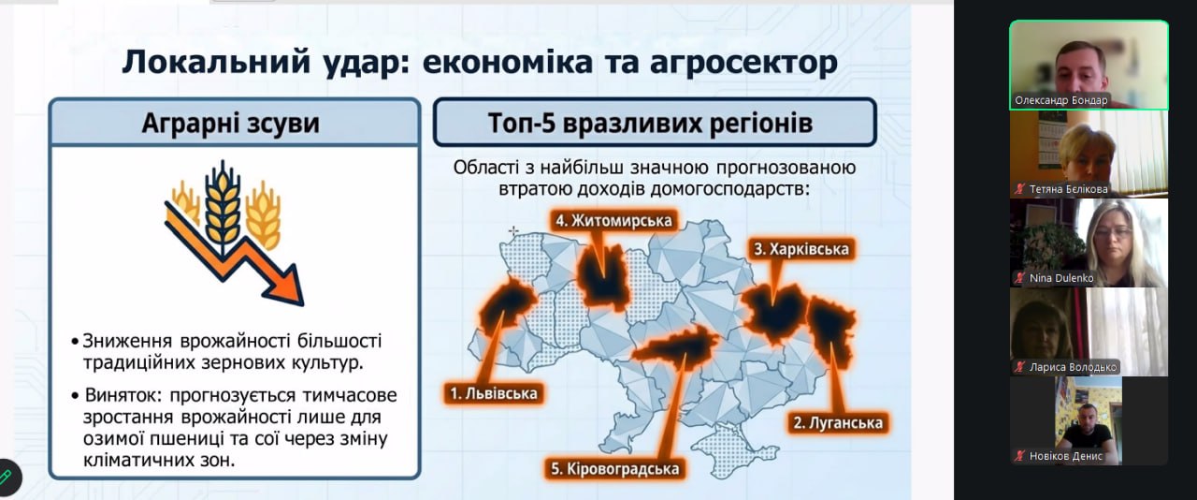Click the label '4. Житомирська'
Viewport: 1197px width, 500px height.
pos(613,221)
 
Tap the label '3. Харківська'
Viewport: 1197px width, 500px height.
pos(801,249)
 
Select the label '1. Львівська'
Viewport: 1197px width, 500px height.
pos(493,393)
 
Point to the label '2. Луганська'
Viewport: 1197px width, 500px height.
pos(837,423)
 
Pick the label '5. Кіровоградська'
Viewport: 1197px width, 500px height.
pos(614,469)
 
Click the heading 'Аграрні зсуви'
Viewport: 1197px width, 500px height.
pos(230,123)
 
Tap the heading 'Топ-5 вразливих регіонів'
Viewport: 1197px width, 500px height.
pos(650,123)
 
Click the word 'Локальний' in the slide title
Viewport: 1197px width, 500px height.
pos(216,62)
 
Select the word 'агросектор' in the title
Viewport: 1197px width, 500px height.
pos(743,63)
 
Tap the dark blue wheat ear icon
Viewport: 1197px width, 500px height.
pos(223,208)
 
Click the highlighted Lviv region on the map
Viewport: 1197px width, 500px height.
pos(507,305)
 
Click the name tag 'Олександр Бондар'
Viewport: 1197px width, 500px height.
pos(1061,100)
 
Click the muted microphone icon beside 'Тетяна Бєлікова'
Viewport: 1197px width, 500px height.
pos(1020,188)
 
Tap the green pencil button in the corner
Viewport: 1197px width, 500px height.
pos(7,477)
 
